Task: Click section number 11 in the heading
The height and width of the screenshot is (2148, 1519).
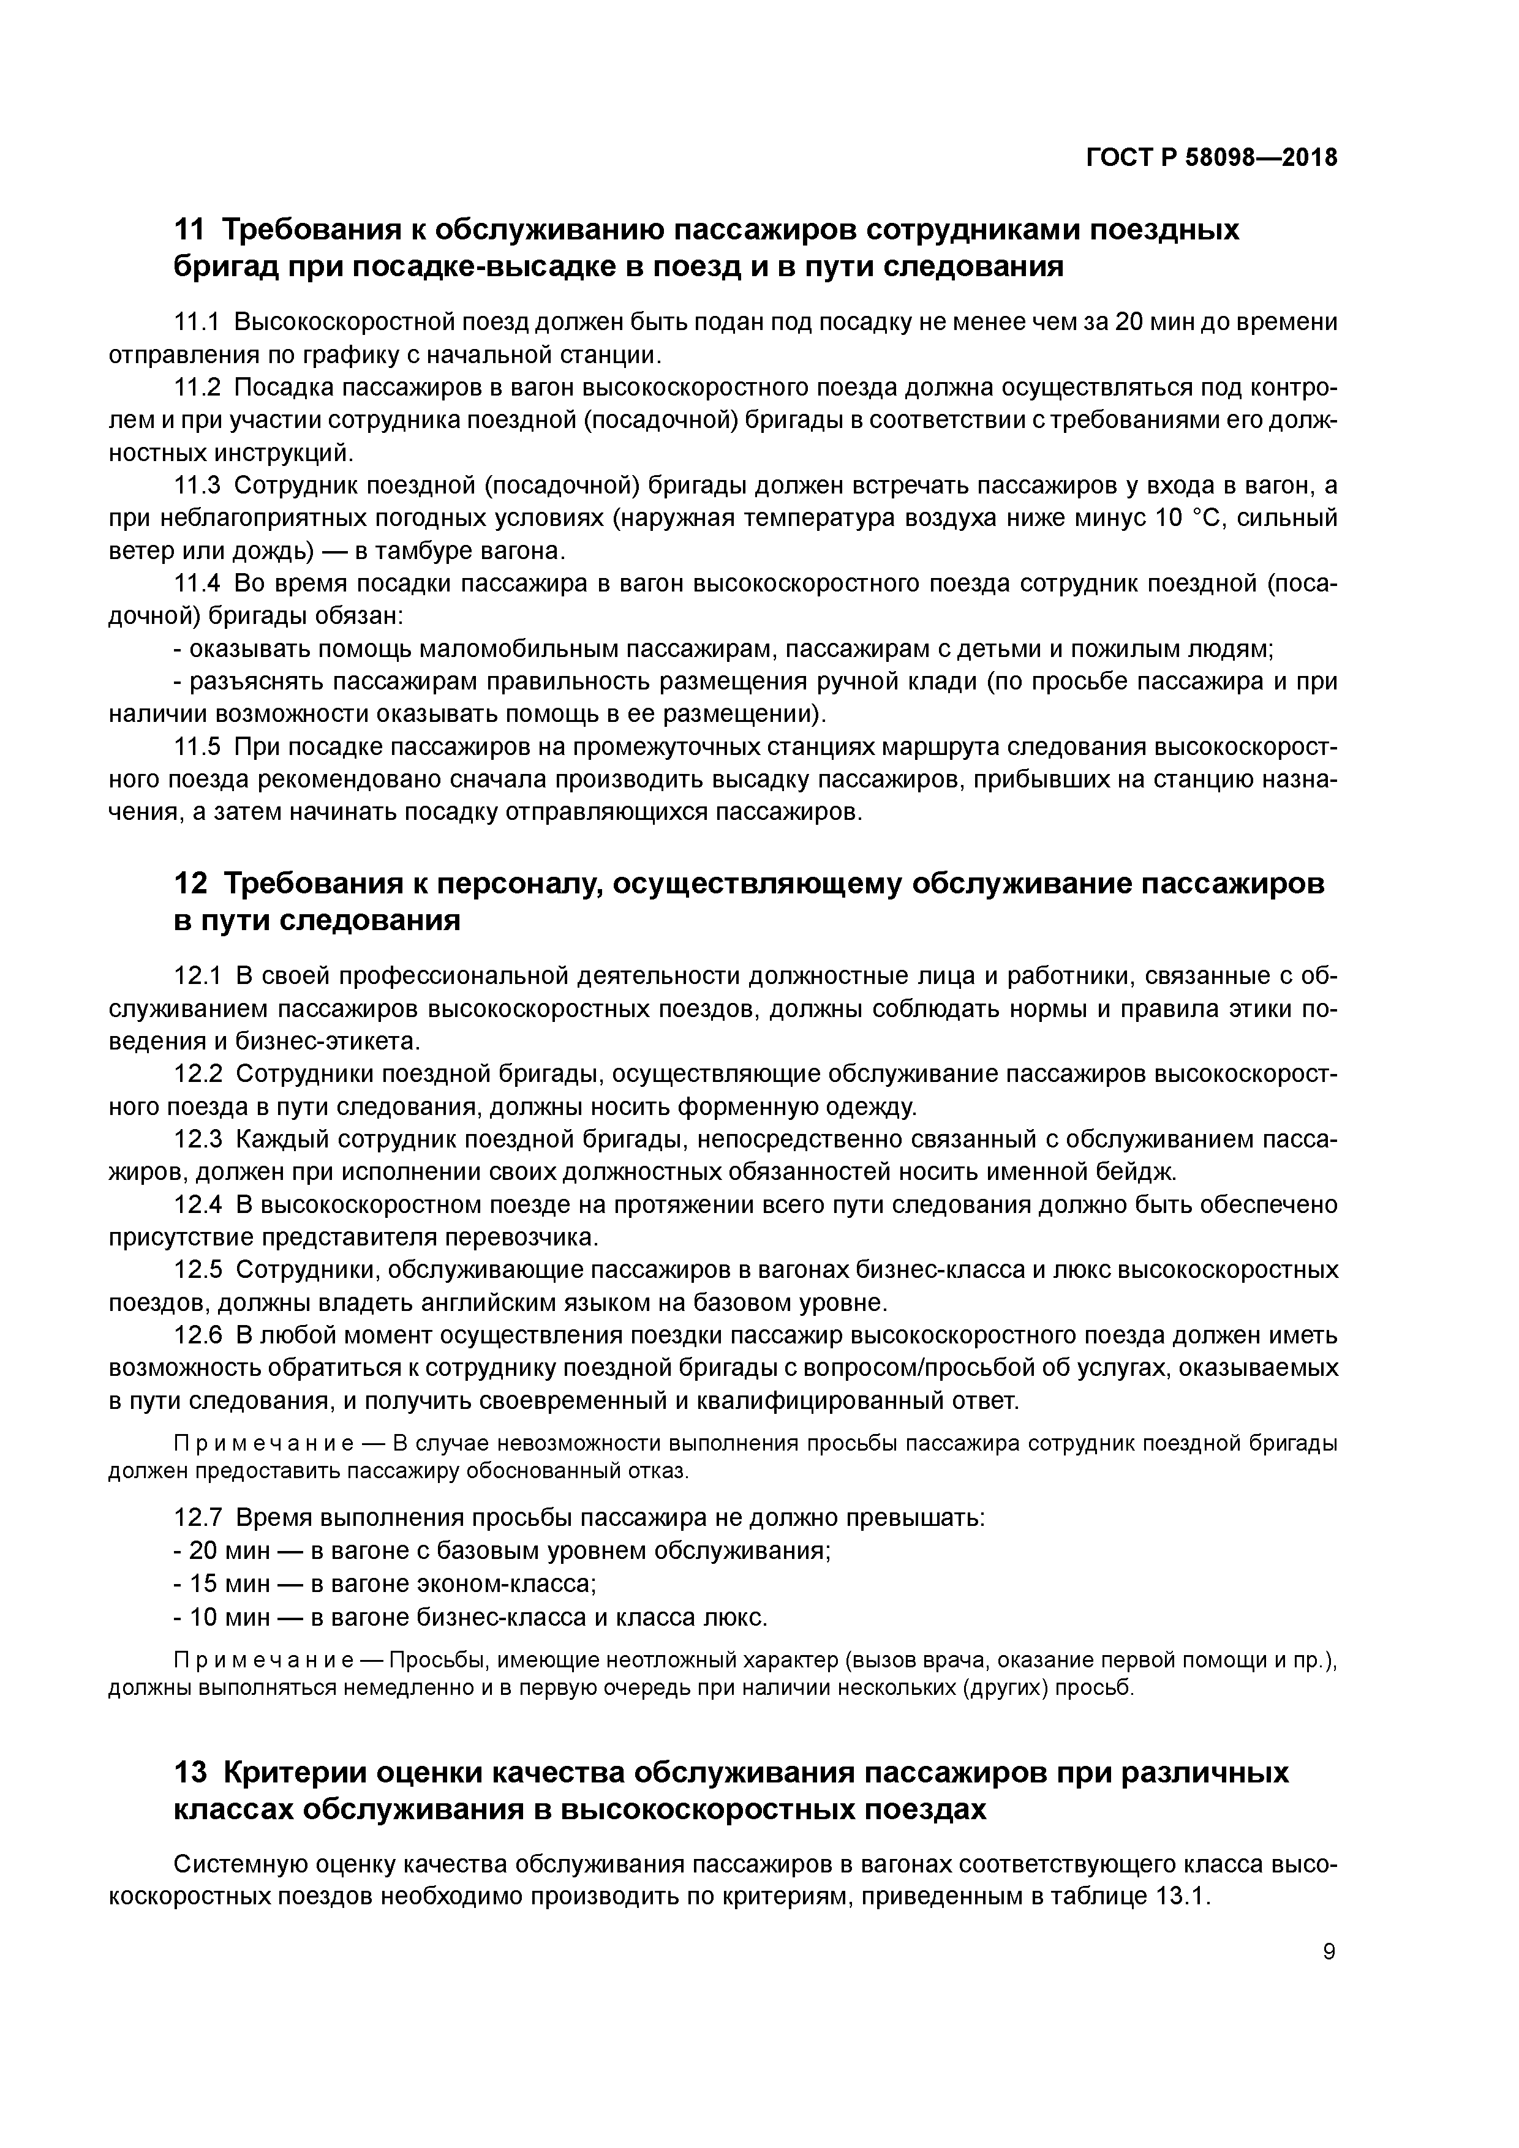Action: [x=189, y=230]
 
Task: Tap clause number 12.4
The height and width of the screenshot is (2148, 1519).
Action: [x=197, y=1204]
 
